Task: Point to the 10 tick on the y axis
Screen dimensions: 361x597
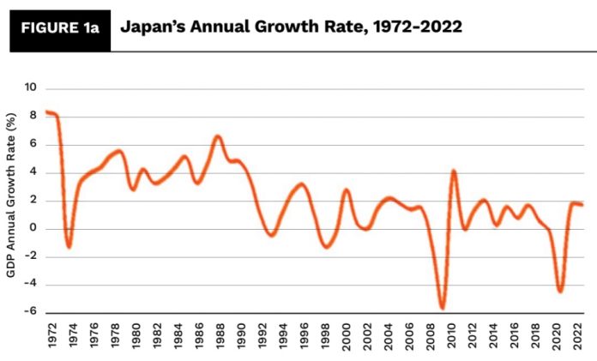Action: coord(31,87)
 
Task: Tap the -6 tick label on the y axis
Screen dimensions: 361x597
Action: coord(31,312)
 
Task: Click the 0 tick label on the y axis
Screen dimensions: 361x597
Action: coord(33,228)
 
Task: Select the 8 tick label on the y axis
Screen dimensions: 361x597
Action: coord(33,116)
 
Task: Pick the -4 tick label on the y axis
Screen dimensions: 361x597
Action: coord(31,285)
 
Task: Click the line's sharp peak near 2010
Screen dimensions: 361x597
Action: coord(454,171)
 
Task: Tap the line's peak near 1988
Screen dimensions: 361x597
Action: coord(218,136)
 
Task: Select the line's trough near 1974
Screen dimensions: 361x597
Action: coord(69,247)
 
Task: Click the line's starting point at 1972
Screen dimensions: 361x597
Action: coord(47,112)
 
